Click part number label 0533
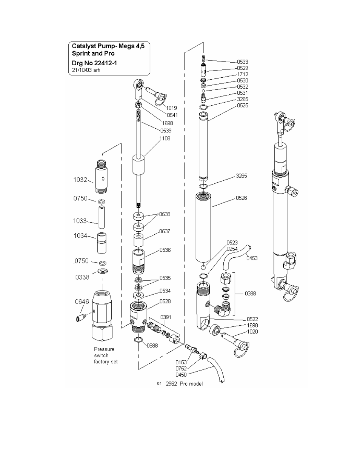pos(243,62)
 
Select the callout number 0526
pos(242,198)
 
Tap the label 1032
pos(80,180)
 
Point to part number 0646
pos(82,302)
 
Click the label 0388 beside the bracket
pos(251,293)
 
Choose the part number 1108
pos(165,138)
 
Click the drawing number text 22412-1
pos(106,63)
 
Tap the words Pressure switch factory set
pos(106,355)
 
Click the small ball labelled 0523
pos(203,268)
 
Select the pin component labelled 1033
pos(102,217)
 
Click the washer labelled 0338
pos(103,271)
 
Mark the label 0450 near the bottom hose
pos(181,375)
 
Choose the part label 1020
pos(252,332)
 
